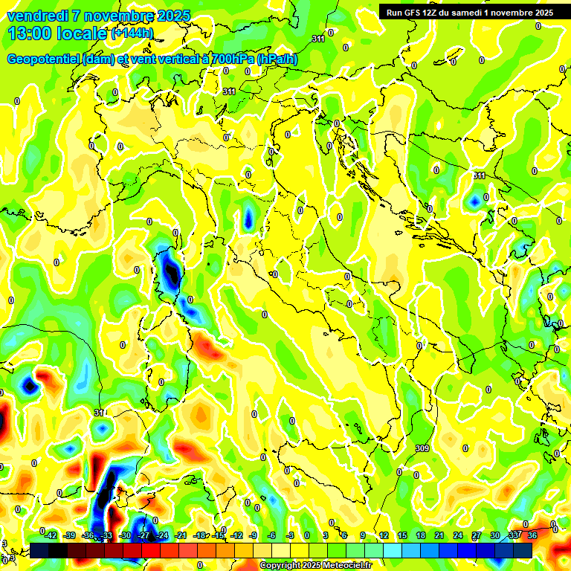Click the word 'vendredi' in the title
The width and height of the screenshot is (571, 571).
point(33,16)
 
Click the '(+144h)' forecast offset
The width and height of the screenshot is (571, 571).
point(132,33)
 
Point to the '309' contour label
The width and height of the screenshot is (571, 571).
point(422,448)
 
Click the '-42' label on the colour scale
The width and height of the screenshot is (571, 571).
point(51,535)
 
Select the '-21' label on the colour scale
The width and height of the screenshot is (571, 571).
point(181,535)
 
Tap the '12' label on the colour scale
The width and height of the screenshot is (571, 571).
point(384,535)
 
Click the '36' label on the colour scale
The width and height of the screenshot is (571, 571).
point(532,535)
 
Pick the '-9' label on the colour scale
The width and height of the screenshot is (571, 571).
point(254,535)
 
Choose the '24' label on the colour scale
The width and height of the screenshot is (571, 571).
point(458,535)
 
